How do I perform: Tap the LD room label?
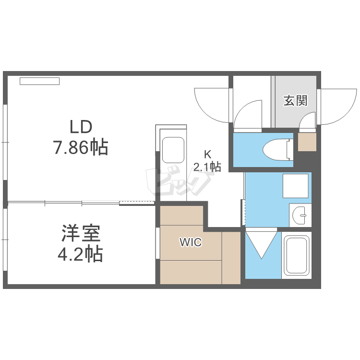click(81, 127)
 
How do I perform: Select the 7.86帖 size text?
click(81, 147)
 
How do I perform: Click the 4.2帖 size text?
click(81, 254)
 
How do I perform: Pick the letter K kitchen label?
click(207, 155)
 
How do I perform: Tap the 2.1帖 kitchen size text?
click(207, 167)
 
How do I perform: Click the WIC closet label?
click(191, 242)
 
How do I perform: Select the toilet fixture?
click(277, 149)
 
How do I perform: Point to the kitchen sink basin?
click(173, 150)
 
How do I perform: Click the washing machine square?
click(295, 185)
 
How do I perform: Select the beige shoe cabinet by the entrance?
click(307, 142)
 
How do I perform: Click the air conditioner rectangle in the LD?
click(39, 81)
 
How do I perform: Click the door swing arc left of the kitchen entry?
click(211, 103)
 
